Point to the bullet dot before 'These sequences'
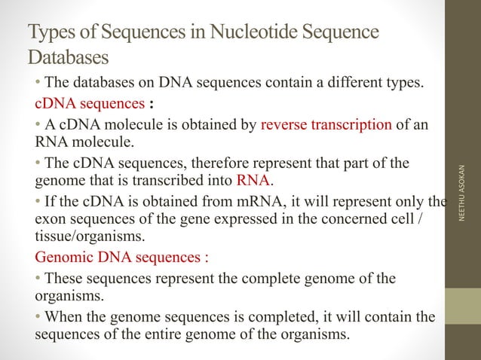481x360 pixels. [x=39, y=279]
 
